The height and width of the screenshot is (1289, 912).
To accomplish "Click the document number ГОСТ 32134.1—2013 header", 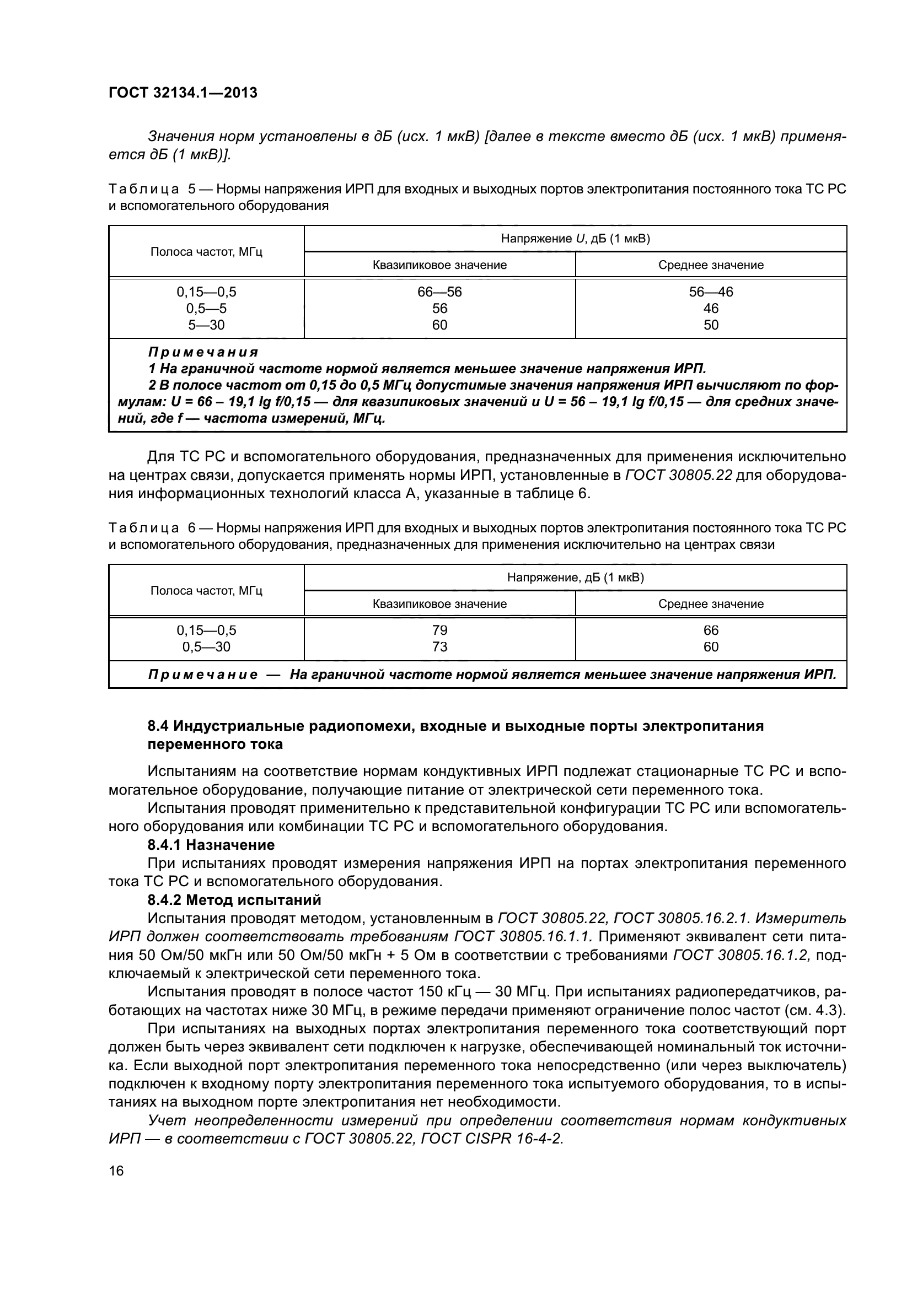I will tap(183, 93).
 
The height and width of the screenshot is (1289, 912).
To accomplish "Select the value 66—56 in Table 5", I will tap(439, 292).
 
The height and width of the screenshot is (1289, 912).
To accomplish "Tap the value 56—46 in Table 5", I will tap(710, 292).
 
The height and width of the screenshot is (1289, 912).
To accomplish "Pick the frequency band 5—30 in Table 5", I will tap(206, 325).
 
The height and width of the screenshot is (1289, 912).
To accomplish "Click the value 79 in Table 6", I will tap(439, 630).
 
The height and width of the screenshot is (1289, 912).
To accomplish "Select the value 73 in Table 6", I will tap(439, 647).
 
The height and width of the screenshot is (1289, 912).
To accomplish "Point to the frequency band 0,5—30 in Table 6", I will tap(206, 647).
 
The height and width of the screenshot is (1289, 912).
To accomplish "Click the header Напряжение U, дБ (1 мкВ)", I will tap(575, 239).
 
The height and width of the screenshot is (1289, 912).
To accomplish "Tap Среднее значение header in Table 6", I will tap(710, 603).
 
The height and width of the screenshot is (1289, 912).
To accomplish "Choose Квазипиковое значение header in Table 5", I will tap(439, 265).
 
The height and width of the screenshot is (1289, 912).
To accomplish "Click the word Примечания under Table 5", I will tap(203, 352).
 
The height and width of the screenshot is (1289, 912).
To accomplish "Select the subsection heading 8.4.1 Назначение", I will tap(211, 845).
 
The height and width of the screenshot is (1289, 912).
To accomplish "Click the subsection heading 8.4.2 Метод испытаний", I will tap(234, 900).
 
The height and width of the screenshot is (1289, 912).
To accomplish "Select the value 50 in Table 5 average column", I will tap(710, 325).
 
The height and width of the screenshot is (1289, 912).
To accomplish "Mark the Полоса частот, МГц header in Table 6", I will tap(206, 591).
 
